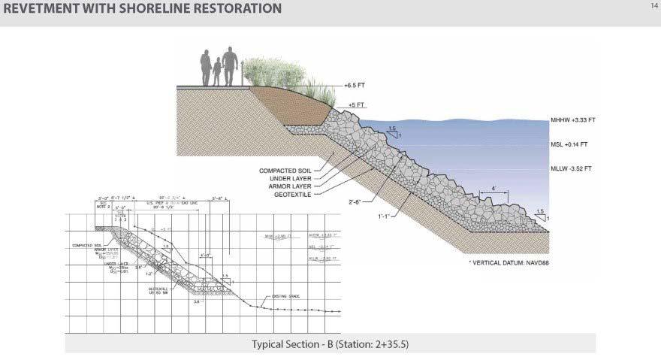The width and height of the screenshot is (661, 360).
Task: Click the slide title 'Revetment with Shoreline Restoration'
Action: [142, 8]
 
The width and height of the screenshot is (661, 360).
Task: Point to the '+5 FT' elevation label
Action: [356, 105]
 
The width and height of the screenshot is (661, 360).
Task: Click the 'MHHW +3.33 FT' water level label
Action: [572, 120]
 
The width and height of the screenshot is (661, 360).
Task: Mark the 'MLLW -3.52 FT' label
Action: [571, 168]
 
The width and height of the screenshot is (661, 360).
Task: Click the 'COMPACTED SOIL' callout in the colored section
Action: [285, 171]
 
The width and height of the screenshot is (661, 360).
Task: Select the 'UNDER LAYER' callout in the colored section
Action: [291, 178]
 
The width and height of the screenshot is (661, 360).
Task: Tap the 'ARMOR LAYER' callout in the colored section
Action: [291, 186]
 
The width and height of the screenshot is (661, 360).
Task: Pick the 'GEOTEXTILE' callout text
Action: [294, 194]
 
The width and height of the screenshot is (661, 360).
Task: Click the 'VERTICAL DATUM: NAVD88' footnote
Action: [509, 264]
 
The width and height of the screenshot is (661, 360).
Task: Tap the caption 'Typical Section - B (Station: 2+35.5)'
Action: [330, 344]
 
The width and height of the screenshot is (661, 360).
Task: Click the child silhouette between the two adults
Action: [218, 72]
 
